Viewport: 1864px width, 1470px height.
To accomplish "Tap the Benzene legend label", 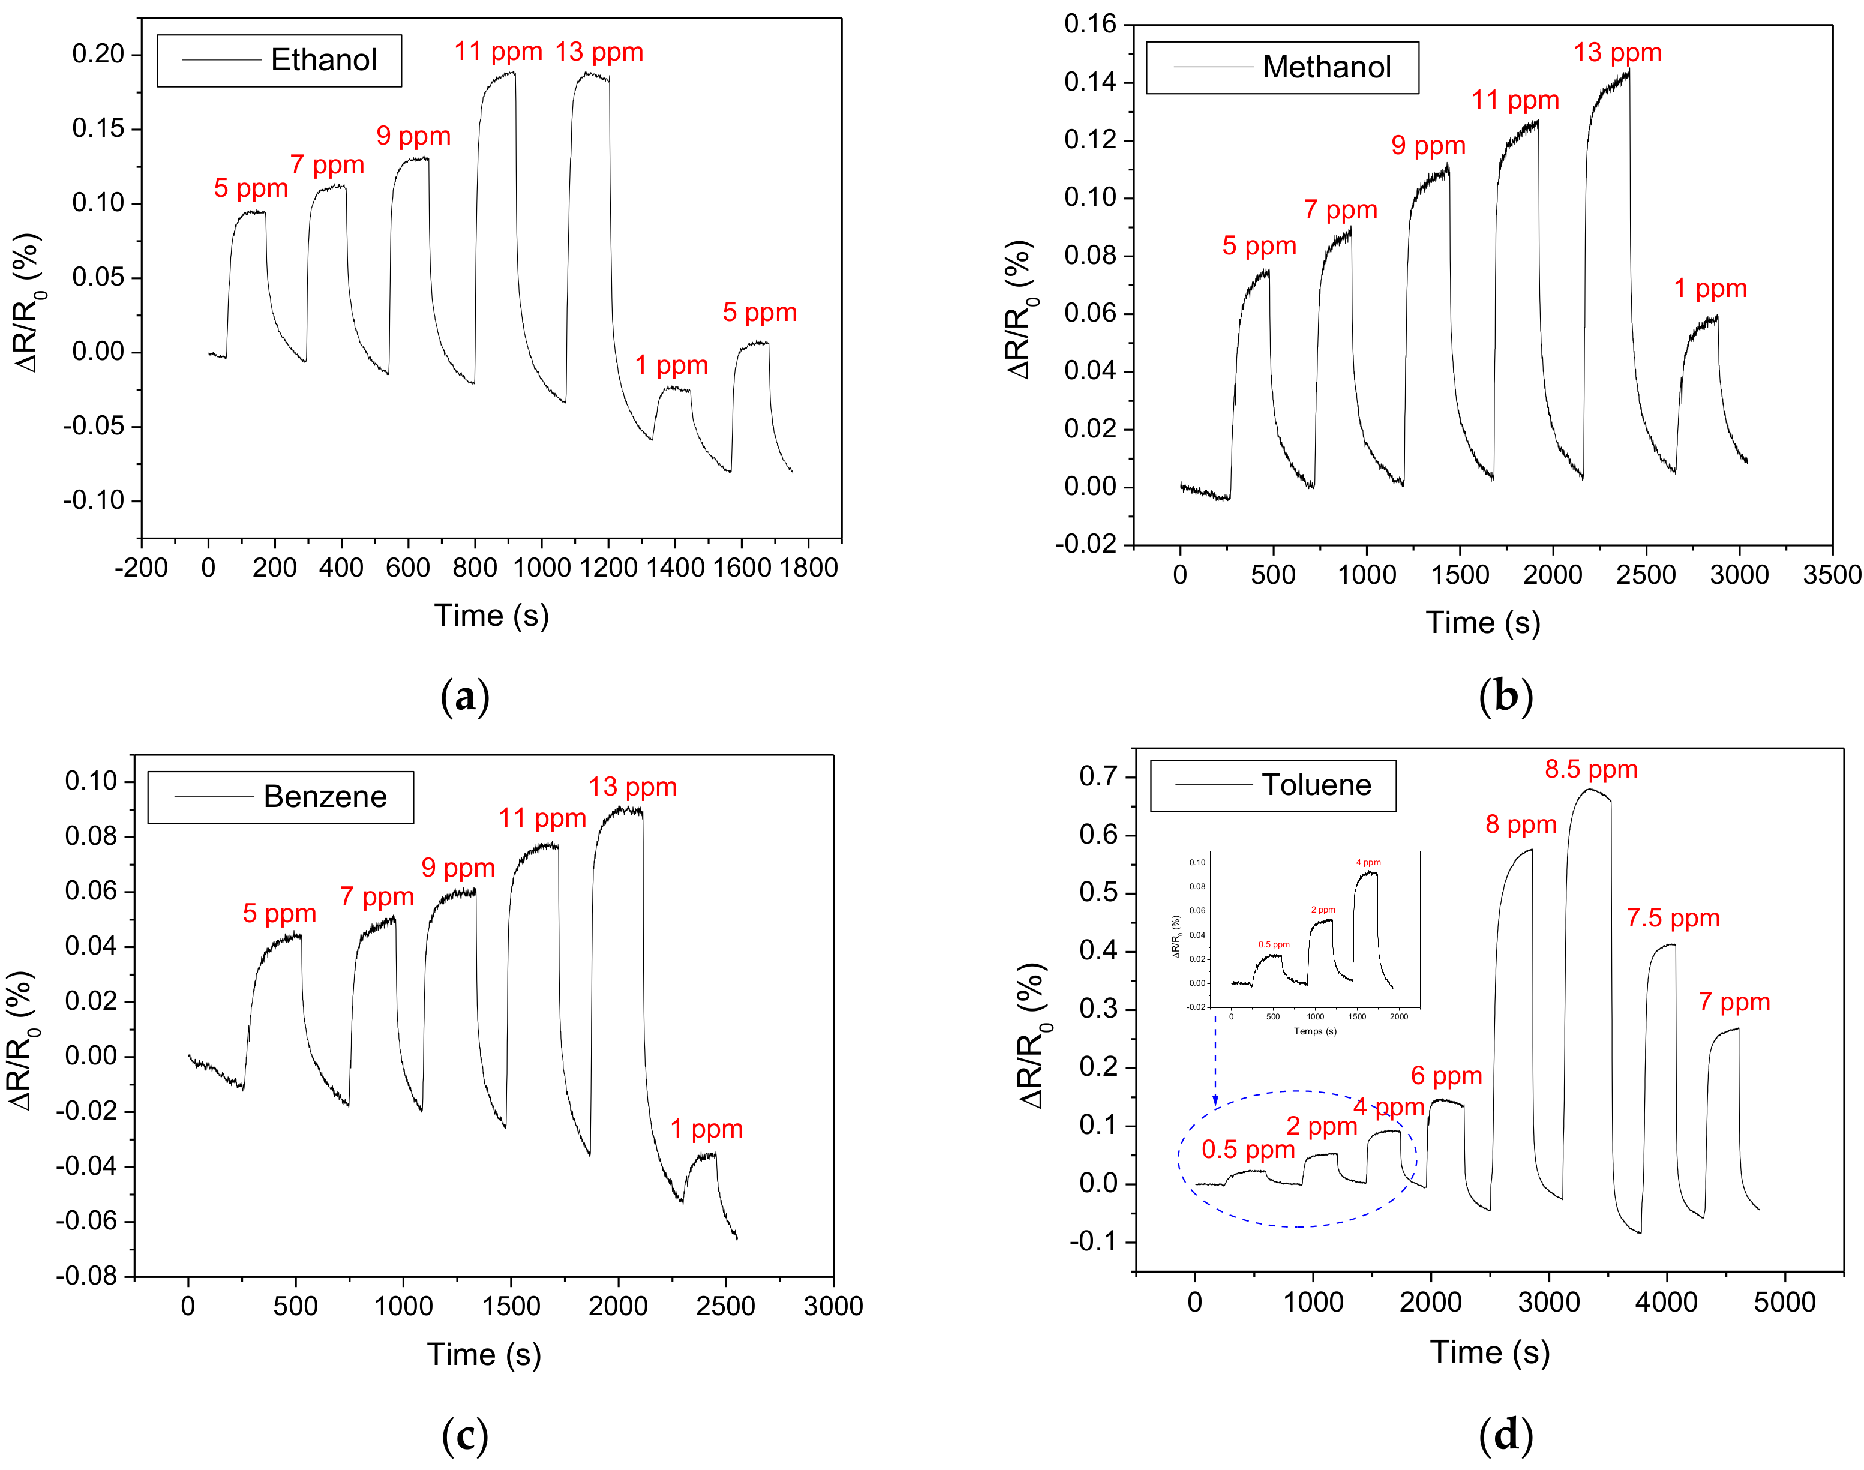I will [x=325, y=797].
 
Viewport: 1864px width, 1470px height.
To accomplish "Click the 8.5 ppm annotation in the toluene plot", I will [x=1590, y=769].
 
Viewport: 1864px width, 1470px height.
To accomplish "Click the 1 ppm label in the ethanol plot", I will [x=671, y=366].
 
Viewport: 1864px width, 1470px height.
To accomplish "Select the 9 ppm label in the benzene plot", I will [x=458, y=868].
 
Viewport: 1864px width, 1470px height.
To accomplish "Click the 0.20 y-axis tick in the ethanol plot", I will [x=98, y=54].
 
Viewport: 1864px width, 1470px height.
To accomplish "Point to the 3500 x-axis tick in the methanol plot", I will [x=1831, y=575].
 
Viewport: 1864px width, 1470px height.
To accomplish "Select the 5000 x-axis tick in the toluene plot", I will [x=1784, y=1302].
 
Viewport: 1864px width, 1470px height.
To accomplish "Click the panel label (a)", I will [x=465, y=696].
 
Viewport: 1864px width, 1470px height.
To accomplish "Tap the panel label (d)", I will [x=1505, y=1435].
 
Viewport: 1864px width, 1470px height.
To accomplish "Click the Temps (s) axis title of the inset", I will [x=1315, y=1031].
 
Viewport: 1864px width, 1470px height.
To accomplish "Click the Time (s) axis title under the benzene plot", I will [x=484, y=1355].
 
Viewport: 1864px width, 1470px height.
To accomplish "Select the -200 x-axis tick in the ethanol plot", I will [x=141, y=568].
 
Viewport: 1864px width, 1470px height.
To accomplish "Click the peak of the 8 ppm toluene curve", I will [x=1531, y=850].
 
